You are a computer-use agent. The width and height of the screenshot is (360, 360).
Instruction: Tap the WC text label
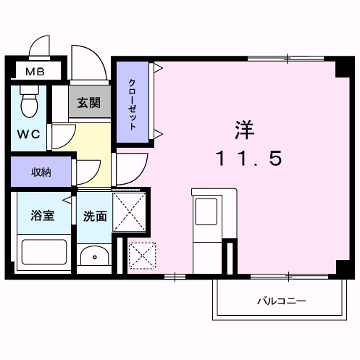point(28,134)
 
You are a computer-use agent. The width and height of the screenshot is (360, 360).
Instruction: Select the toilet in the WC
point(29,102)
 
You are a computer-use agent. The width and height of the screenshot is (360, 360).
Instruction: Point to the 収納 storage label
point(41,172)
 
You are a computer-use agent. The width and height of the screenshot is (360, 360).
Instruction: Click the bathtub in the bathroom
point(43,254)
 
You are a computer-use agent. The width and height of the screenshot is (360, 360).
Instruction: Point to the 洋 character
point(244,129)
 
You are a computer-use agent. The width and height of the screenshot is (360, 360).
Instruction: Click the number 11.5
point(244,158)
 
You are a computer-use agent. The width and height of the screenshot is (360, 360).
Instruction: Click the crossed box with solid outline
point(130,212)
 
